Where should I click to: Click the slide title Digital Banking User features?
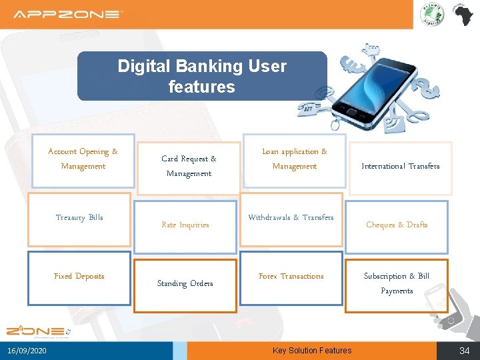click(202, 76)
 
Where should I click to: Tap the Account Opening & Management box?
click(83, 159)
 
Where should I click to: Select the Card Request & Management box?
click(189, 166)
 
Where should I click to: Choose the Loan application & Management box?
click(294, 159)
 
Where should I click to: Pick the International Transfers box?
click(400, 167)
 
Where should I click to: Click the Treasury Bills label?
click(79, 217)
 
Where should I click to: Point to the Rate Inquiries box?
click(185, 225)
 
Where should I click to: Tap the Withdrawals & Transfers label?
click(291, 217)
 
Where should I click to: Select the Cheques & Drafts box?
click(397, 225)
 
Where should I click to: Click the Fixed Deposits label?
click(79, 276)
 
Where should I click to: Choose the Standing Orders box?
click(185, 284)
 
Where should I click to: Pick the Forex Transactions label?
click(291, 276)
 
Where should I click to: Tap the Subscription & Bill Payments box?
click(397, 283)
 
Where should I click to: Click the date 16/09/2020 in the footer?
click(27, 351)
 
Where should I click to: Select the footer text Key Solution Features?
click(312, 351)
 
